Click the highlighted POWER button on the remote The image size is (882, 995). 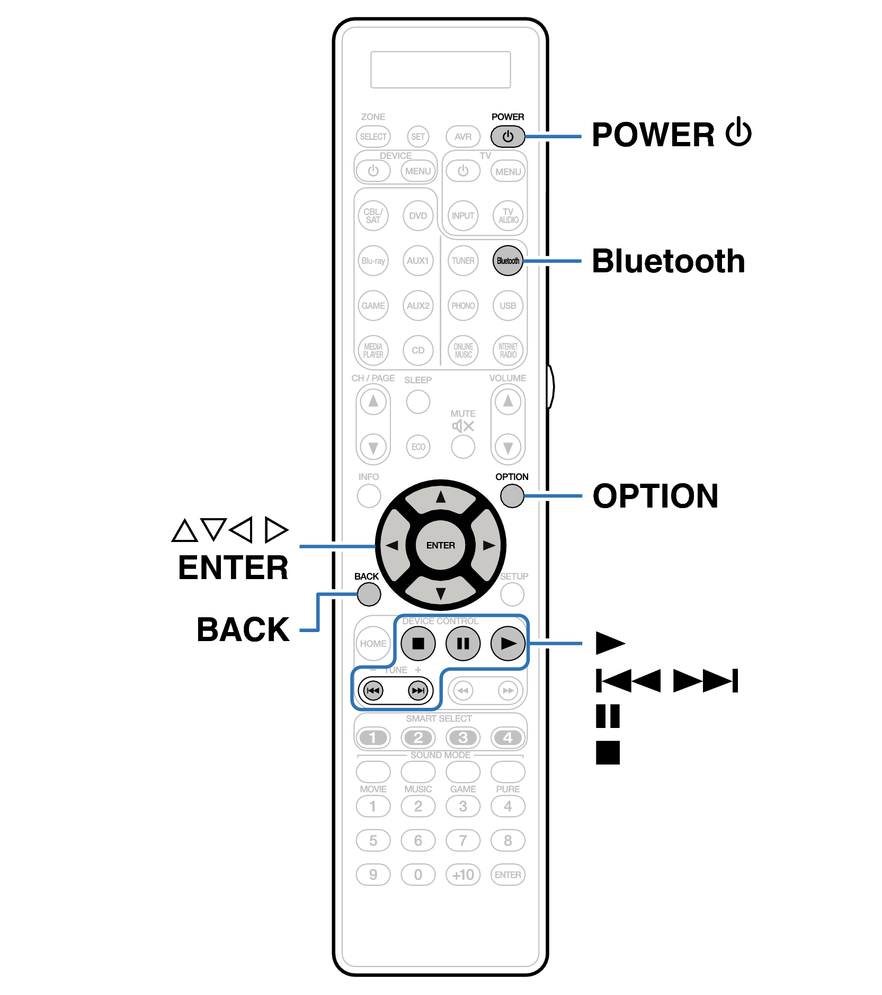click(507, 137)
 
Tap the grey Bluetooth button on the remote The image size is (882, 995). click(507, 261)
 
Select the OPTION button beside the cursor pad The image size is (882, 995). click(512, 496)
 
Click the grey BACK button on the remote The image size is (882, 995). click(369, 594)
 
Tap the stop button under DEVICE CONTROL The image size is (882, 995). click(418, 643)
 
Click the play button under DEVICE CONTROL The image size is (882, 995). click(507, 643)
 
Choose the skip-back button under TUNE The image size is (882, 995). click(373, 690)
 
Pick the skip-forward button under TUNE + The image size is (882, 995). click(418, 690)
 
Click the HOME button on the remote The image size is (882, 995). click(373, 643)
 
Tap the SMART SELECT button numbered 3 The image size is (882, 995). click(462, 738)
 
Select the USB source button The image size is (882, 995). click(507, 306)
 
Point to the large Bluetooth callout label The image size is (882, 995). click(668, 261)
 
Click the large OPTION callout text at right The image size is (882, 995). click(655, 496)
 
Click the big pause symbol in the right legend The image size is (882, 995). click(608, 716)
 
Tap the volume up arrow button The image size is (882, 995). click(507, 401)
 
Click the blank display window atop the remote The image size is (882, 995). click(440, 69)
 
